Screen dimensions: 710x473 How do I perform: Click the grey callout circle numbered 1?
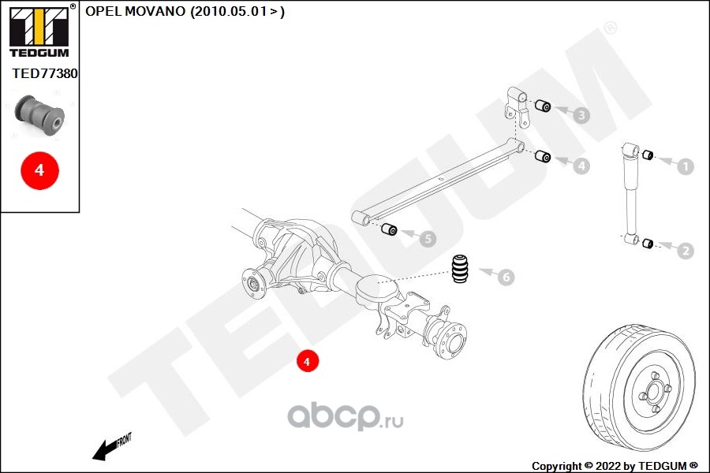click(x=685, y=166)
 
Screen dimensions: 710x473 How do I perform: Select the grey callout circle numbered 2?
click(x=685, y=251)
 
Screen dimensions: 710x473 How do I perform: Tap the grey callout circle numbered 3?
click(x=581, y=116)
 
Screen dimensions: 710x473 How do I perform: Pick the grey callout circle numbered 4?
click(x=581, y=166)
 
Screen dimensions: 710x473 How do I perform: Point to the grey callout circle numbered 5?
click(x=427, y=237)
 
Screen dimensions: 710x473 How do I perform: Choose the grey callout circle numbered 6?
click(x=506, y=277)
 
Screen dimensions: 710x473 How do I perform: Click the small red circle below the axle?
click(x=307, y=361)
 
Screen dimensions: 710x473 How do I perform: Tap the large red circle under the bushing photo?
click(x=39, y=169)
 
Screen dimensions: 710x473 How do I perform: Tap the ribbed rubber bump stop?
click(x=461, y=269)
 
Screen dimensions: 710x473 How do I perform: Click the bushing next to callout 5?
click(x=388, y=229)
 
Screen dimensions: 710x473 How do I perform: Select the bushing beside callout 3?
click(x=543, y=106)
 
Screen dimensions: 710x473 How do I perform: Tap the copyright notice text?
click(x=615, y=465)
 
